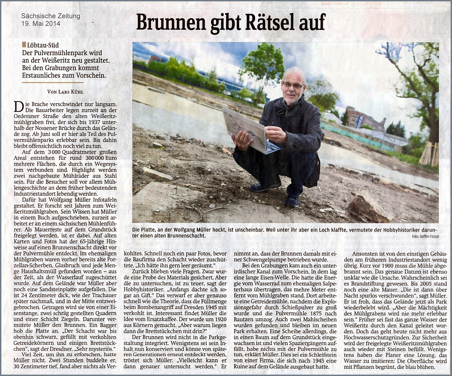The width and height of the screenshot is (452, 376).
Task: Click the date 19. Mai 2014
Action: pos(41,24)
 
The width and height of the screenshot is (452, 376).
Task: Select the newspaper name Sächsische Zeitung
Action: pos(51,16)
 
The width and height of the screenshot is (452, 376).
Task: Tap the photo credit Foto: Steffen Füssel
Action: pos(425,236)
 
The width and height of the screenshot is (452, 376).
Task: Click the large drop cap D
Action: pos(19,107)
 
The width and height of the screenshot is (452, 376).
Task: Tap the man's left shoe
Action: pos(292,200)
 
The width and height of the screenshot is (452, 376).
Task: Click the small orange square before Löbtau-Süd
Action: pos(24,44)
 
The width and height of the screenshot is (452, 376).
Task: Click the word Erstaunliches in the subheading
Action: pos(44,76)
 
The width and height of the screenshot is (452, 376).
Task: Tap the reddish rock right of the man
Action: pos(368,207)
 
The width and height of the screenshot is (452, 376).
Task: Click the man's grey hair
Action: pos(294,72)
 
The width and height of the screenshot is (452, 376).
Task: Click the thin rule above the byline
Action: pos(53,83)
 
